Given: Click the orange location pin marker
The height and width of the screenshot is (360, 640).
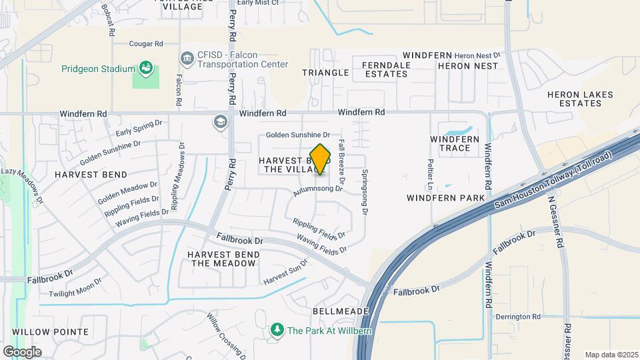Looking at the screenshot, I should (321, 159).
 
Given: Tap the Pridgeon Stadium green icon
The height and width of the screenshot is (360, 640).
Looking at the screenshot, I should (145, 67).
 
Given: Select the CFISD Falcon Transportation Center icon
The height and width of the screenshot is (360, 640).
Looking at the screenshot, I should (187, 59).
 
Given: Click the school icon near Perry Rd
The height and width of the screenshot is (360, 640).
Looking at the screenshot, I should (219, 122).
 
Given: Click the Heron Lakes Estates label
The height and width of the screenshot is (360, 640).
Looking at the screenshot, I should (579, 99).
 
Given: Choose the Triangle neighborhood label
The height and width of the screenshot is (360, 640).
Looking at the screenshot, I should (325, 72).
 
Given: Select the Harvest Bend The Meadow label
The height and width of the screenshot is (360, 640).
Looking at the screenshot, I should (222, 259).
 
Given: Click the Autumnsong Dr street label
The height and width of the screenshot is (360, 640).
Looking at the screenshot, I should (317, 190).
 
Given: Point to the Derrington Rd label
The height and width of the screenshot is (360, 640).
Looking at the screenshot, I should (517, 317).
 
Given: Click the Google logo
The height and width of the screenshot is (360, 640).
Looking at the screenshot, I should (23, 351).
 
